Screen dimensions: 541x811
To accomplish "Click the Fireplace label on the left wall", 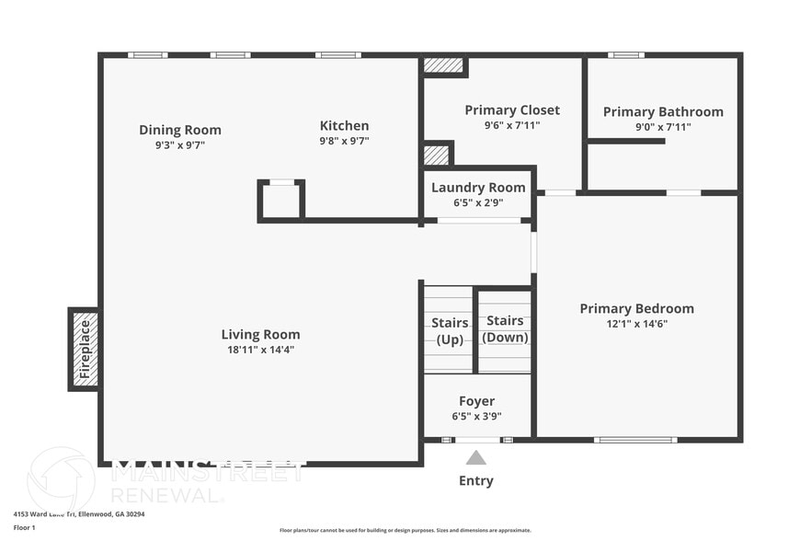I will pos(85,350).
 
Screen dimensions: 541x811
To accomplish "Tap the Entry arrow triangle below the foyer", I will pos(475,457).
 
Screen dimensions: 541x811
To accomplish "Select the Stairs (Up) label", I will pos(450,330).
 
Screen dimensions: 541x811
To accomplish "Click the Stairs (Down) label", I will pos(505,328).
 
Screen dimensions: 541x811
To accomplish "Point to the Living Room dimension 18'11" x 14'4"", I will pos(260,350).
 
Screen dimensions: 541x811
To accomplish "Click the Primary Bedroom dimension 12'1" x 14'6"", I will pos(636,324).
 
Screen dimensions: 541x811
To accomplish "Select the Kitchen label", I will pos(344,126).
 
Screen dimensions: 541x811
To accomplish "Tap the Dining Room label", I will pos(180,130).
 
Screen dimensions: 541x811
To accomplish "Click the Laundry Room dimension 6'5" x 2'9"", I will pos(478,202).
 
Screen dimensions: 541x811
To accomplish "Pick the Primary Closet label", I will pos(512,110).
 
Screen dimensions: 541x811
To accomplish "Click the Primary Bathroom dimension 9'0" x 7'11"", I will pos(663,127).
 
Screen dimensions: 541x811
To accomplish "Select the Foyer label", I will pos(476,401).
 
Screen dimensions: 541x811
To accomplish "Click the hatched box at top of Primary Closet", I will pos(444,66).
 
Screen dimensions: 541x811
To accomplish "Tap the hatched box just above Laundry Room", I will pos(437,155).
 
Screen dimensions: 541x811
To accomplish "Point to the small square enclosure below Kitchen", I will pos(281,201).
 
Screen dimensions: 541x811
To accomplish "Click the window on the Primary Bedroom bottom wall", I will pos(635,440).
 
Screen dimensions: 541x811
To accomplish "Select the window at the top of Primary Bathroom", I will pos(625,55).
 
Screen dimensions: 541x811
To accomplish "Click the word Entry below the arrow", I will pos(475,480).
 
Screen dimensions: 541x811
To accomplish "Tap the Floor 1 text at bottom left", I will pos(24,527).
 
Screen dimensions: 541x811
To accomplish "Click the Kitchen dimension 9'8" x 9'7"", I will pos(344,142).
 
